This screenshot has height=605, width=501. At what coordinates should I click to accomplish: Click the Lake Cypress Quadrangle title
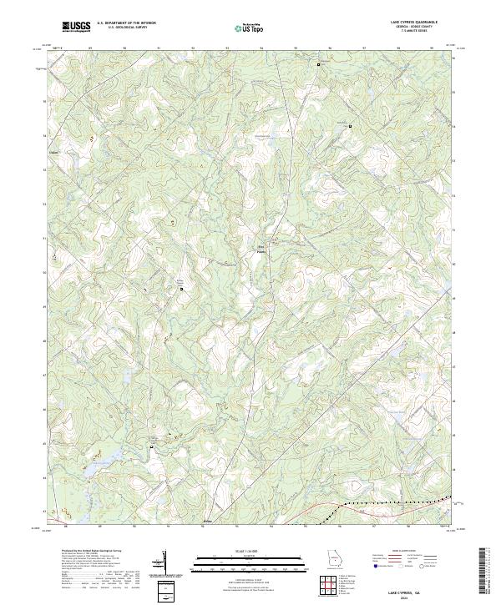[407, 23]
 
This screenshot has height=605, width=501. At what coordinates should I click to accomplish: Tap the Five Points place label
[261, 248]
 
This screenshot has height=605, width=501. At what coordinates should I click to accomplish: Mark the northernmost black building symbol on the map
[317, 63]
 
